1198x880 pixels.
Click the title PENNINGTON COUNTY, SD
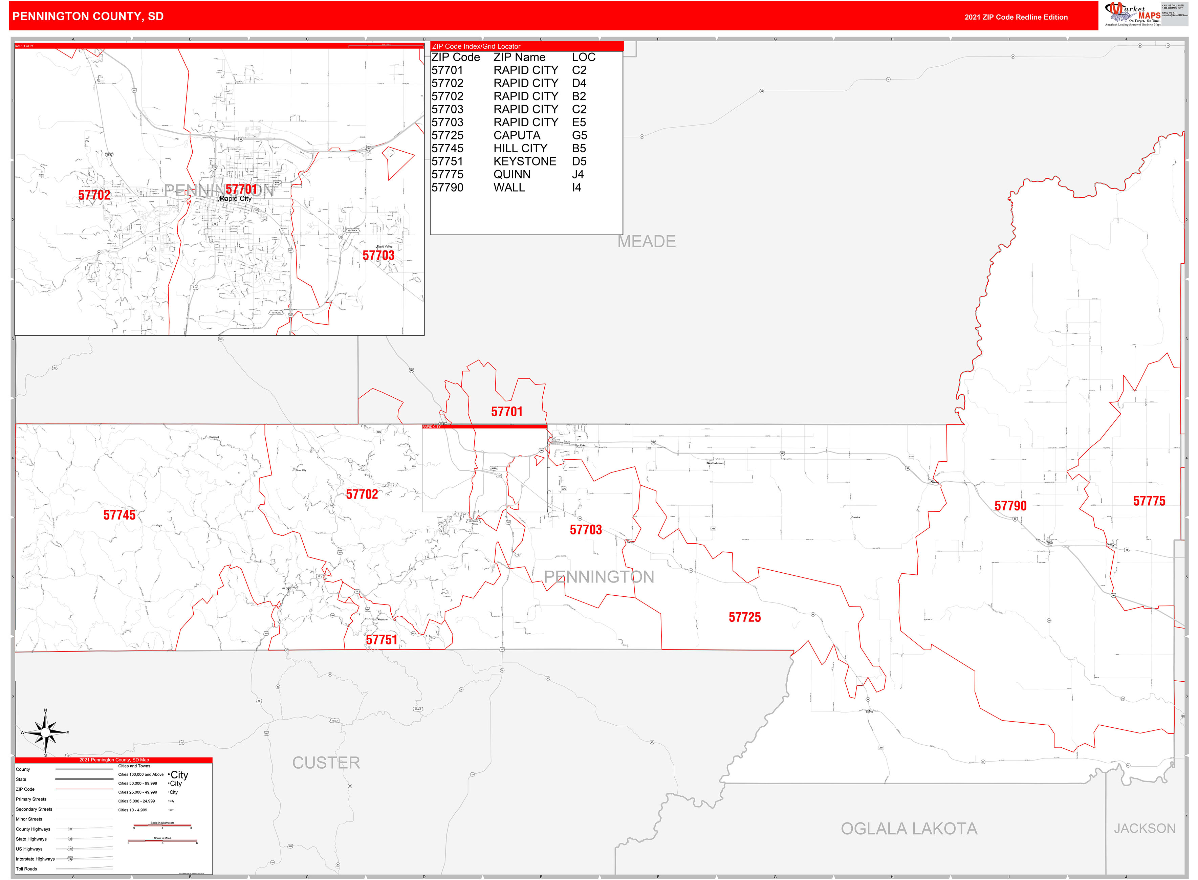pos(88,17)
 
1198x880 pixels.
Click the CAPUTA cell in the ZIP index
pos(516,135)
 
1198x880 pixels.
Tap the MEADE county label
pos(646,242)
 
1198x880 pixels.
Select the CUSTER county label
pos(326,763)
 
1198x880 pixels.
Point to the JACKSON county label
pos(1144,828)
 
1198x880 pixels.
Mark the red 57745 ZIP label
pos(119,515)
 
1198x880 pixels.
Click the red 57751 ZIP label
pos(382,640)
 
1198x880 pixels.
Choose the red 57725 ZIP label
pos(744,617)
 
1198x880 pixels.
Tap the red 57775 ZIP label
pos(1149,501)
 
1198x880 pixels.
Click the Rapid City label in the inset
pos(236,199)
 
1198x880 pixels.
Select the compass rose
pos(45,733)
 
